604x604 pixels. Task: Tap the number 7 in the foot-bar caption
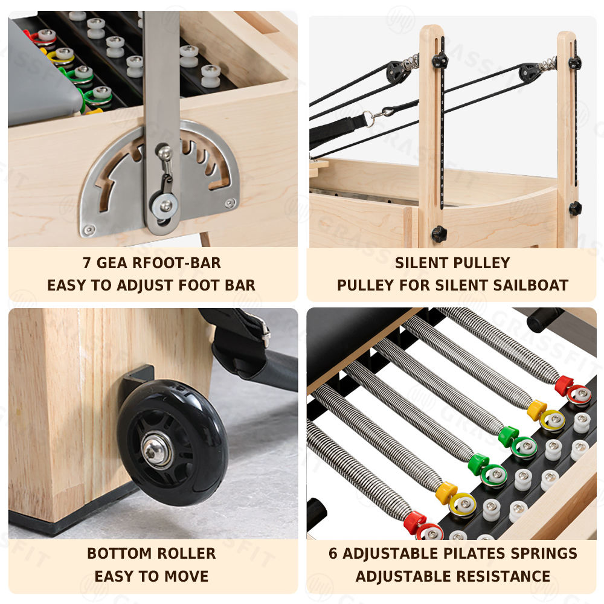(87, 263)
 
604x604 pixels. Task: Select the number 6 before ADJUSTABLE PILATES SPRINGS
(333, 553)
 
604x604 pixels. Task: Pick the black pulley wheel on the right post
(529, 71)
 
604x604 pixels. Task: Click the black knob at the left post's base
(438, 234)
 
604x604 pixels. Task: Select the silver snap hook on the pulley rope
(379, 114)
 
